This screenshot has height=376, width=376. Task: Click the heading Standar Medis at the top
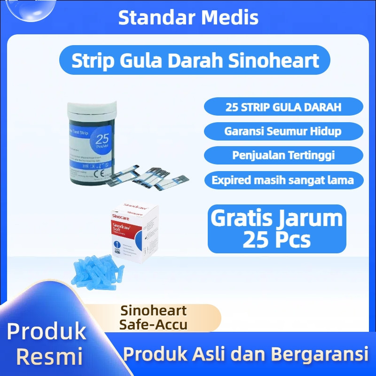click(188, 17)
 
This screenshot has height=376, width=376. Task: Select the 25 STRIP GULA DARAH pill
click(283, 107)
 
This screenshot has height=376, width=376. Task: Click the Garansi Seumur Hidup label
click(283, 131)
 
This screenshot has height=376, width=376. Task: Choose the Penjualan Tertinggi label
click(283, 155)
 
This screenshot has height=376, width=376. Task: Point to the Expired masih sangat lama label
click(283, 180)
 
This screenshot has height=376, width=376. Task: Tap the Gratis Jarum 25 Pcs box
click(277, 229)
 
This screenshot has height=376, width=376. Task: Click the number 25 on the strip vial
click(102, 140)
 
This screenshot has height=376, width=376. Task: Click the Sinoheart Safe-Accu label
click(154, 317)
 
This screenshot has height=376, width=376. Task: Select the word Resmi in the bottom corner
click(49, 356)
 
